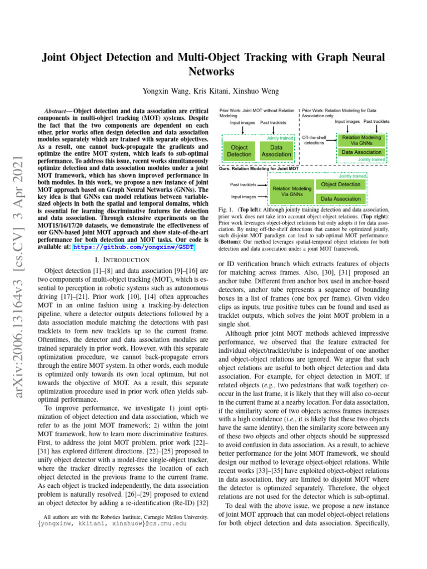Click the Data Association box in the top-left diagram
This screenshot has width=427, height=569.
[276, 150]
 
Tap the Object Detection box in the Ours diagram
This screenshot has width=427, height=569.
[341, 184]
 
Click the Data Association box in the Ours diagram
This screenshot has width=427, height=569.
[341, 198]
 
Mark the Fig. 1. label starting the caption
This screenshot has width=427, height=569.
[229, 210]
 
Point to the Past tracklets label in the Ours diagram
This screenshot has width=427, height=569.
[243, 184]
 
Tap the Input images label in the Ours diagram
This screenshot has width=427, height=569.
[243, 197]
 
